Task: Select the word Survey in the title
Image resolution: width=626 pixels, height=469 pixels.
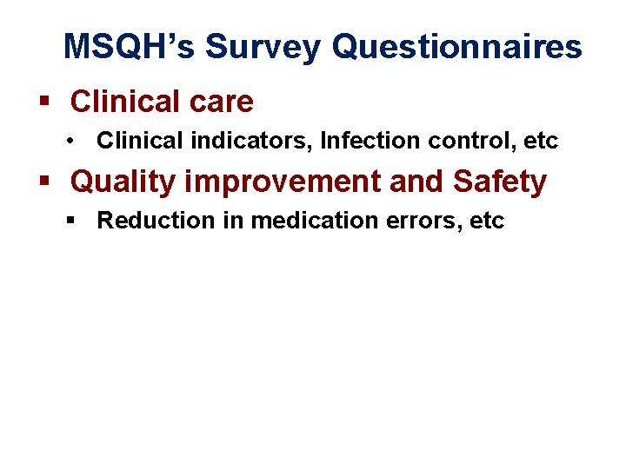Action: click(x=257, y=46)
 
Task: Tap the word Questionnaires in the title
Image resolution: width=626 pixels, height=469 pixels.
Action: click(x=457, y=46)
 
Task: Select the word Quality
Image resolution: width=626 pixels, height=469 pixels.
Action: click(x=122, y=182)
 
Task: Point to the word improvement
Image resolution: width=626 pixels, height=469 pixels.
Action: click(x=282, y=182)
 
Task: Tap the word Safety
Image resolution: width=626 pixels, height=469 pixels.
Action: click(x=499, y=182)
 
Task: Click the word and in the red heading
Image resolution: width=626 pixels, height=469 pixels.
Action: click(x=416, y=182)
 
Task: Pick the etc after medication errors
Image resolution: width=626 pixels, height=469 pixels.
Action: click(x=488, y=221)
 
